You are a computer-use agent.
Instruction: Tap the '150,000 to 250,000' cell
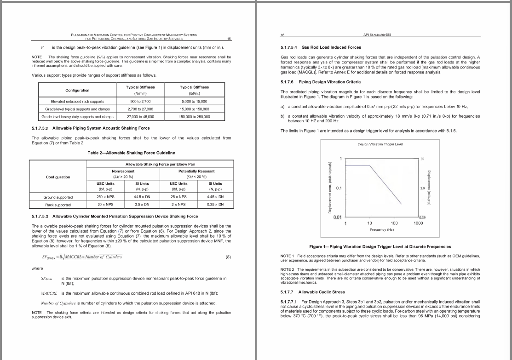194,117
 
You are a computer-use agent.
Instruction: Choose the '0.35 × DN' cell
214,205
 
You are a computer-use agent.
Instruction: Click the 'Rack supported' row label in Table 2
58,205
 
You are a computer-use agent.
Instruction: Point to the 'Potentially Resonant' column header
196,171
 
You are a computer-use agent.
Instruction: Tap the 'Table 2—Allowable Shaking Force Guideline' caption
131,153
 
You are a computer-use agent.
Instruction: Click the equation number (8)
228,257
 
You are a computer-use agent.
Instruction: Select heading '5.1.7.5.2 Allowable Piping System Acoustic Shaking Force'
91,128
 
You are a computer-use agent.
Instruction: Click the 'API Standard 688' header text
377,35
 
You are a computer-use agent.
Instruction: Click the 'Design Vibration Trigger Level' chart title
380,144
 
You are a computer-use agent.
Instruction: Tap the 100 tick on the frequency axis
394,223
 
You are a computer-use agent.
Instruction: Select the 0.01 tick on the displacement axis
337,217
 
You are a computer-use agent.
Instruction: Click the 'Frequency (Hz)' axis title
382,229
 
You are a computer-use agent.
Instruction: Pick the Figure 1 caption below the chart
380,247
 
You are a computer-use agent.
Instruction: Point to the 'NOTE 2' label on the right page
288,269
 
